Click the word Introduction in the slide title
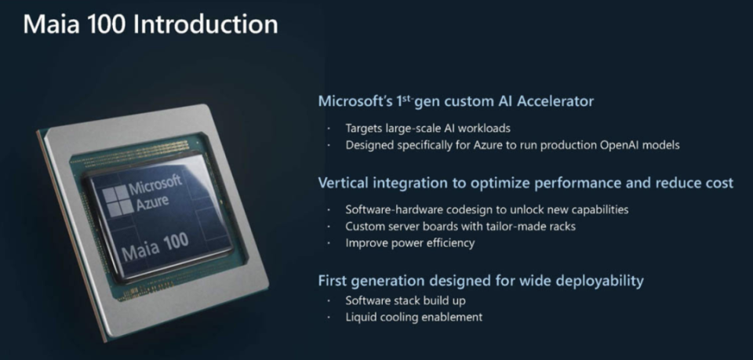point(206,24)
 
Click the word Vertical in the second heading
point(342,183)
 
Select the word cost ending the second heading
point(717,183)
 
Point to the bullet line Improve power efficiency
point(409,243)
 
